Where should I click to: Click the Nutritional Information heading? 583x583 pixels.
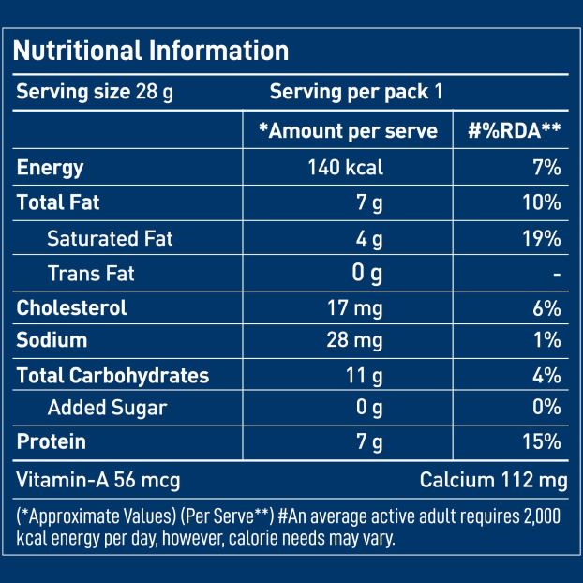click(x=151, y=50)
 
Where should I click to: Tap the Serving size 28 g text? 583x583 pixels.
click(x=95, y=92)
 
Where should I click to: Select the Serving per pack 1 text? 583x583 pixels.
click(x=356, y=92)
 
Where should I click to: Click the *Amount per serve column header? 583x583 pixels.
click(x=348, y=131)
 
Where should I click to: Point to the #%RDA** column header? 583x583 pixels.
click(x=514, y=131)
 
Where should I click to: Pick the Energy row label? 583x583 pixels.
click(x=51, y=168)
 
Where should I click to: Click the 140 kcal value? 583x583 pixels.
click(x=345, y=168)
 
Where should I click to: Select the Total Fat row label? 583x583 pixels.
click(x=58, y=202)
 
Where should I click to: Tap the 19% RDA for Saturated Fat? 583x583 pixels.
click(x=541, y=238)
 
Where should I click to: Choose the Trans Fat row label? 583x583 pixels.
click(x=91, y=273)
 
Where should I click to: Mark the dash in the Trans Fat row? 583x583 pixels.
click(x=557, y=274)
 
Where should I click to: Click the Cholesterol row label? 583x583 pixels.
click(x=71, y=307)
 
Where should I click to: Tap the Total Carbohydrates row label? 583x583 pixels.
click(x=112, y=376)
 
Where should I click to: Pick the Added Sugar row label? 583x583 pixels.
click(x=107, y=408)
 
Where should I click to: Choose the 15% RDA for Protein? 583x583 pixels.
click(x=541, y=441)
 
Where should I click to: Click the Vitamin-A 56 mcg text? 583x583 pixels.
click(x=98, y=481)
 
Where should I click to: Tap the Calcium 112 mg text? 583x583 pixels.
click(x=493, y=481)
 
